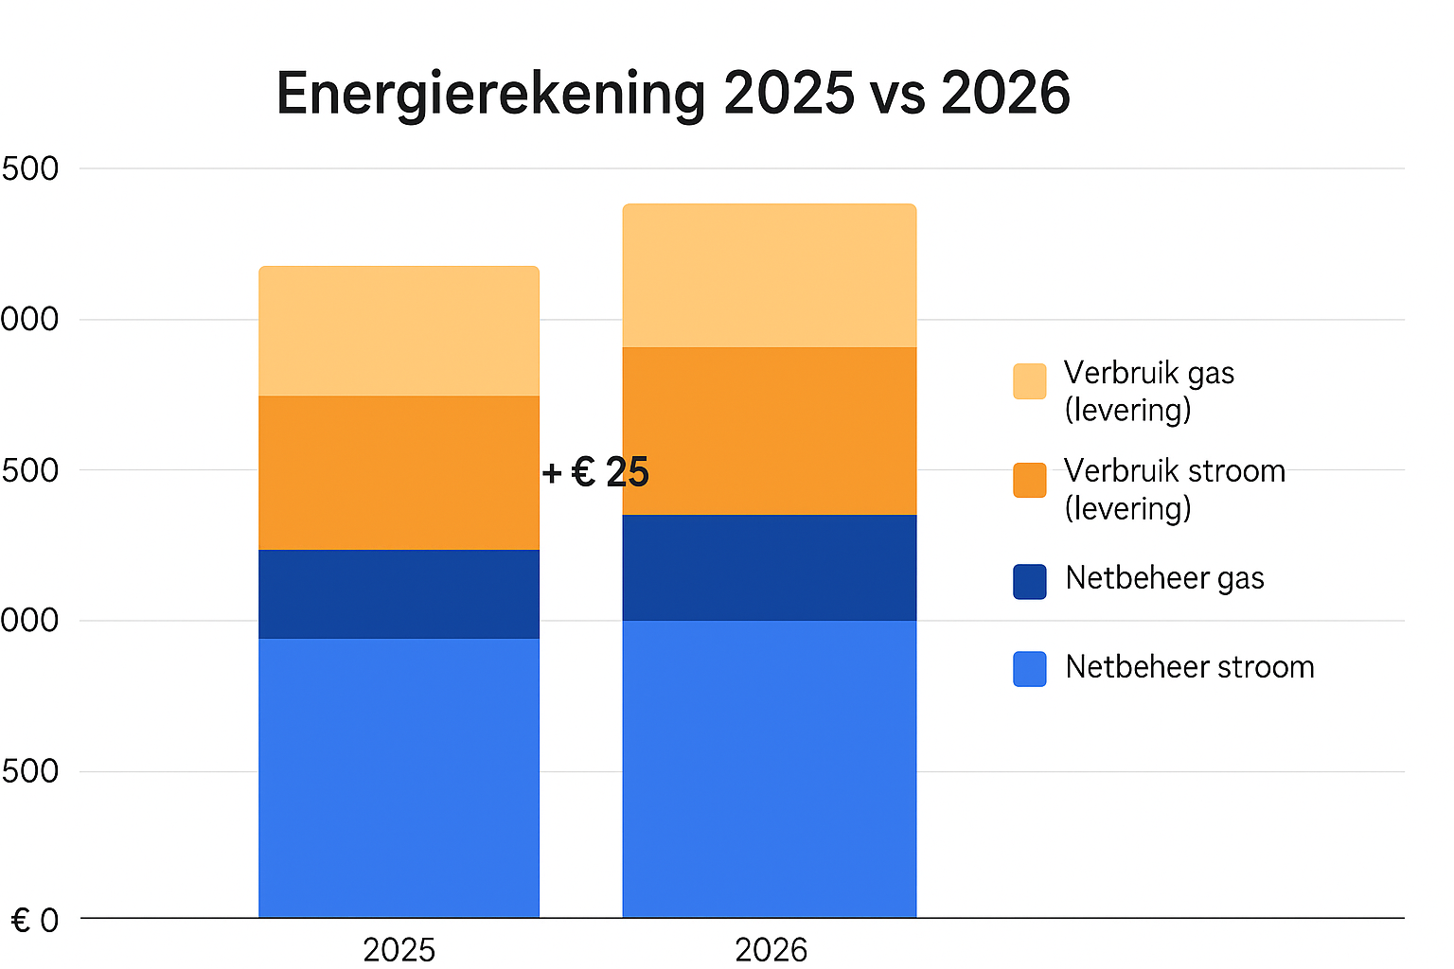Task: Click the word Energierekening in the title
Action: (490, 95)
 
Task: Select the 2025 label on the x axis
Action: (399, 949)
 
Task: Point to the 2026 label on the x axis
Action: (771, 949)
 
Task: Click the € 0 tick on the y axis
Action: (35, 920)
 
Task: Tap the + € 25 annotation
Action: (595, 472)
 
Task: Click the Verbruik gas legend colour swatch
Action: (1029, 381)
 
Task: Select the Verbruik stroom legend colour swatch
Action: (1029, 480)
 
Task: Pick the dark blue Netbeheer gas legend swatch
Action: (1029, 581)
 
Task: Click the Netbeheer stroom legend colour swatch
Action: (1029, 669)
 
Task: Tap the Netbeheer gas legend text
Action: (1164, 578)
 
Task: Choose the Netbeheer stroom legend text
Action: (1189, 667)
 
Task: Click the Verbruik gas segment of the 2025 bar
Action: (399, 331)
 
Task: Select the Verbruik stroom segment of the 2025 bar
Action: (399, 472)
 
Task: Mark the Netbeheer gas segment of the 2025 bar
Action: (399, 593)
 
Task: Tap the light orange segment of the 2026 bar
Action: (769, 275)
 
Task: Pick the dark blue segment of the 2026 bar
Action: (769, 567)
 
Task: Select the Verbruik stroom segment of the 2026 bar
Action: (769, 431)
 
